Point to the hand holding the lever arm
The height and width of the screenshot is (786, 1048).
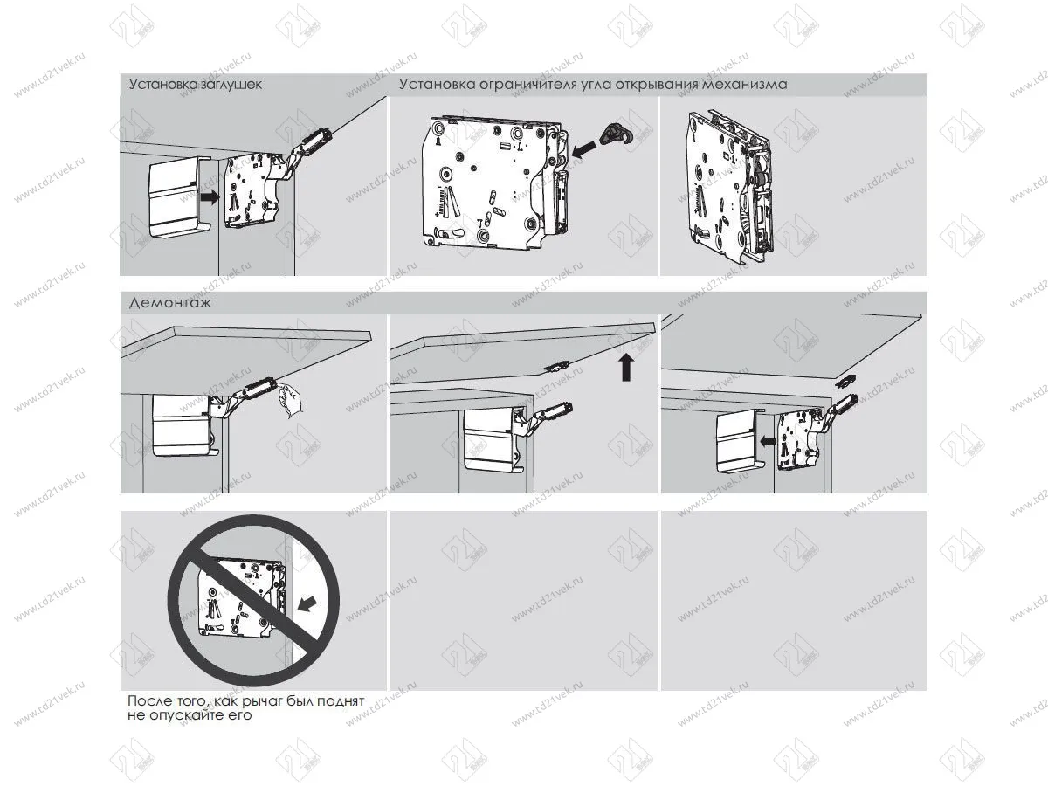tap(289, 402)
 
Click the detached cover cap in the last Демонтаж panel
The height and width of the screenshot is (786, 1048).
tap(736, 441)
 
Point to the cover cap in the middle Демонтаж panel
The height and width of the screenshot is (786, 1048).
tap(489, 436)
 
